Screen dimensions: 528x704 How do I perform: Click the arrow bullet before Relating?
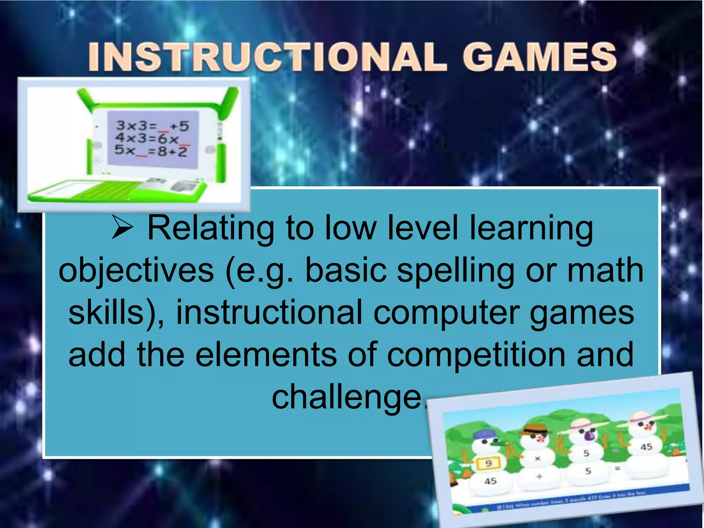[x=122, y=228]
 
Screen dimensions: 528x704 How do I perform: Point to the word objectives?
[x=136, y=271]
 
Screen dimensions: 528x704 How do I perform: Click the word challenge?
[x=347, y=397]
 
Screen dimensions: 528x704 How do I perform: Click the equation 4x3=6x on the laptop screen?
[x=147, y=138]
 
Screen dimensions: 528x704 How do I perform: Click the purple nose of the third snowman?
[x=589, y=436]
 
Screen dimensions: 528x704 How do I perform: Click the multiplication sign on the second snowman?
[x=538, y=459]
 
